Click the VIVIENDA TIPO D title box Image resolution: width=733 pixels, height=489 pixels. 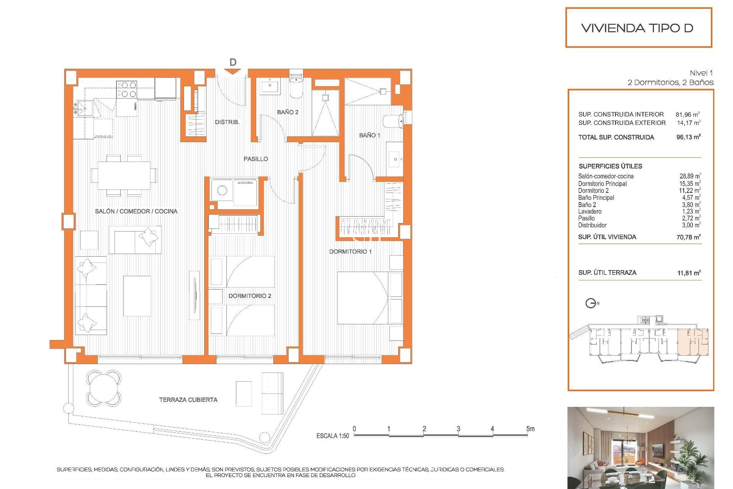point(638,28)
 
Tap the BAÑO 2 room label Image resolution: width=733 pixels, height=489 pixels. point(287,112)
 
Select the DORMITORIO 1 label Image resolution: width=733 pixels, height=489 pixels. point(350,251)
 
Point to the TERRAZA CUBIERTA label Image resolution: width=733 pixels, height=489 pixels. point(188,400)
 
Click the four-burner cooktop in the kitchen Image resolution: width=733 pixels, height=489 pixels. point(127,89)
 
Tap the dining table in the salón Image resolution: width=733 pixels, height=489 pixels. point(124,175)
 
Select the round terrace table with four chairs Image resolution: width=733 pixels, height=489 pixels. point(103,388)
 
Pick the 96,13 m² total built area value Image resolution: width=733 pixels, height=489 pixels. point(688,137)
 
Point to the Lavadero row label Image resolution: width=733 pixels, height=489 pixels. point(589,211)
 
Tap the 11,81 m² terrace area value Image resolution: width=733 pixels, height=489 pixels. point(689,273)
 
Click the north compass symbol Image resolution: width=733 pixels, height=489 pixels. point(591,303)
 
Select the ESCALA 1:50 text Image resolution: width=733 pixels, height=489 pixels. point(333,436)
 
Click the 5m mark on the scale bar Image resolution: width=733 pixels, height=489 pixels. point(530,429)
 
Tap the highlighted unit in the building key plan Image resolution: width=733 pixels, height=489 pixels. point(693,342)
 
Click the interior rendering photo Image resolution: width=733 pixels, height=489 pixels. point(640,447)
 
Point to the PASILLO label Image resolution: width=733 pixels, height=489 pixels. point(255,159)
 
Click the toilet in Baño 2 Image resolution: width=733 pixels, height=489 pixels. point(295,86)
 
